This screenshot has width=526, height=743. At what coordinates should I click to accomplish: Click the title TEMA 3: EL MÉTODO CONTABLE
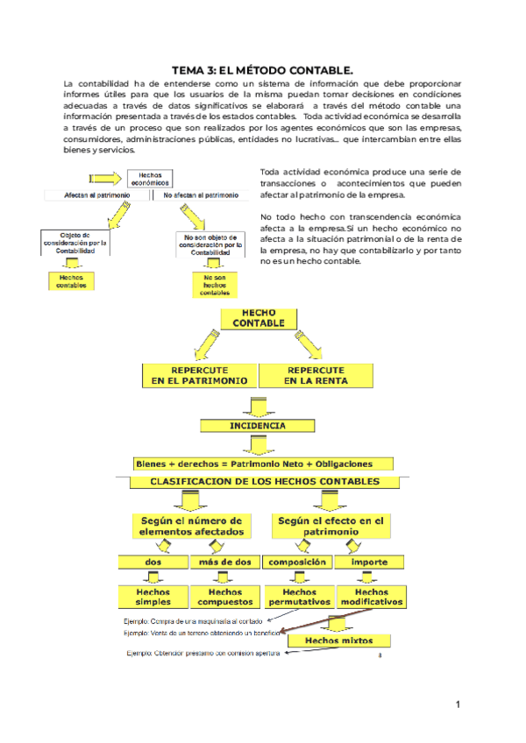263,69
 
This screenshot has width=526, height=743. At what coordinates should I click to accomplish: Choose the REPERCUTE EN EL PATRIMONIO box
199,376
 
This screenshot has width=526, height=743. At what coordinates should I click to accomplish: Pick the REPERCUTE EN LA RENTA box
315,376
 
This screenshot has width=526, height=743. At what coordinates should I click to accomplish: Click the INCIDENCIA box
257,426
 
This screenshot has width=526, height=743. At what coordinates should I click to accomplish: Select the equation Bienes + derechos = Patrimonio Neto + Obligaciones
254,463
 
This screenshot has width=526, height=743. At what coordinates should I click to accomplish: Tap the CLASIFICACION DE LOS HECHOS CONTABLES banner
266,482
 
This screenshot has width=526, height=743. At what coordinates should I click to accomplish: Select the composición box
298,562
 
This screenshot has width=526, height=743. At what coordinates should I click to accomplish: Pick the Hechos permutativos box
298,598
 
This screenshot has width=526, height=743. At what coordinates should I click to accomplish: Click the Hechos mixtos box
338,640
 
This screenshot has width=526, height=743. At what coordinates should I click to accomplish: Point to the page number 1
458,705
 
